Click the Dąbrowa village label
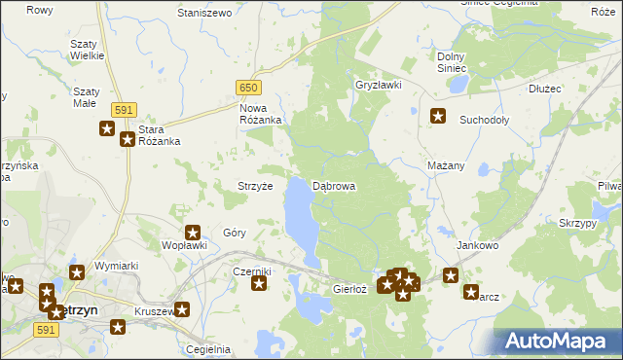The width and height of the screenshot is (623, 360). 334,185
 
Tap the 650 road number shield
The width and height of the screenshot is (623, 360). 249,88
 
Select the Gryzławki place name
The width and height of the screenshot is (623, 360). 379,85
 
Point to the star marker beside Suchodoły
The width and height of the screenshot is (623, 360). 438,117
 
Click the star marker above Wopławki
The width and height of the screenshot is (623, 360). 193,233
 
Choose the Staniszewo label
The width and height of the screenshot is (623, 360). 203,13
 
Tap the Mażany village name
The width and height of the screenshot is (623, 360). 446,165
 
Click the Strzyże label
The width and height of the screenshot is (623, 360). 255,186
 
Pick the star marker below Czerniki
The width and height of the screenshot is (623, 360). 259,284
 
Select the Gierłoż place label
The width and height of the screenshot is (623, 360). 349,289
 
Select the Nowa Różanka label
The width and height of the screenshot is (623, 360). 260,114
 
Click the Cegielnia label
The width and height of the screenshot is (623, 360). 209,349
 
